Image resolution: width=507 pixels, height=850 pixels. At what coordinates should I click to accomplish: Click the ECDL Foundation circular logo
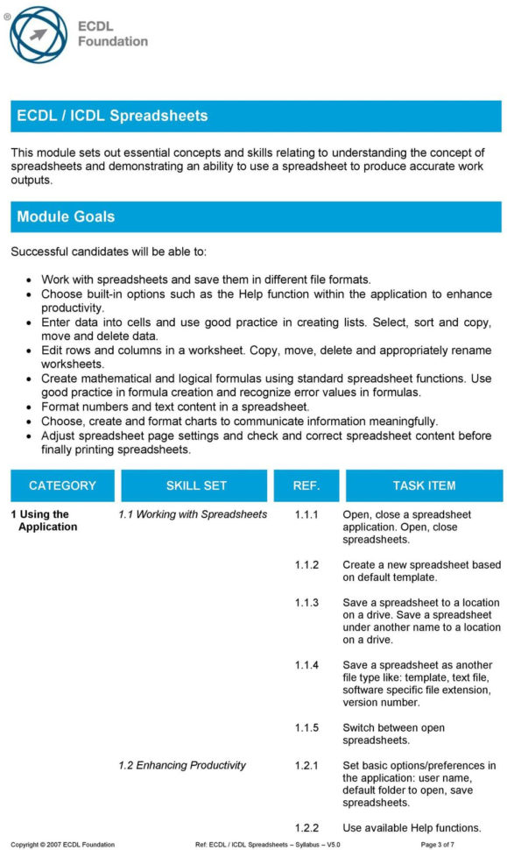(x=37, y=35)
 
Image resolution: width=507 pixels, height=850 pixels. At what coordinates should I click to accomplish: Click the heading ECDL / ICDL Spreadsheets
(x=112, y=116)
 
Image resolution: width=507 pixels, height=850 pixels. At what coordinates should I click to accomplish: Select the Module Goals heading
(x=66, y=216)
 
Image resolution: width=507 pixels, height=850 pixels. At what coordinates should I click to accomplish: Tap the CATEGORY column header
(x=62, y=485)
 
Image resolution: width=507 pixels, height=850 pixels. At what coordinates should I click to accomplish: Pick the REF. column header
(x=306, y=485)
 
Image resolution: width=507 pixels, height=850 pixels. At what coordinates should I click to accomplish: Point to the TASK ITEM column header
(x=424, y=485)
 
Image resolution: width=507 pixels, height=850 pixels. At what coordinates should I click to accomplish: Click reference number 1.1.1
(x=306, y=514)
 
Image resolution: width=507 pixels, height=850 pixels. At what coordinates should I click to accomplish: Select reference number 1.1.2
(x=306, y=565)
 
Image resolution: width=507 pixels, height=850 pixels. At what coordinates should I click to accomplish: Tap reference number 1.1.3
(x=306, y=603)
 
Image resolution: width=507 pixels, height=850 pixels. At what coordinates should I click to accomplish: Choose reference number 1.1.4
(x=306, y=665)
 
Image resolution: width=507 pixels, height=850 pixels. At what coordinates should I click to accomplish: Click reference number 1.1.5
(x=306, y=727)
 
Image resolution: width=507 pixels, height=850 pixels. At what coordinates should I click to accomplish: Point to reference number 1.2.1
(x=306, y=765)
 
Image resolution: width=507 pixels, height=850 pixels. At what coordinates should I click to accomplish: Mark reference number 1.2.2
(x=306, y=827)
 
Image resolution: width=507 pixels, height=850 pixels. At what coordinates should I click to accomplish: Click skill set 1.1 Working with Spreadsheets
(x=193, y=514)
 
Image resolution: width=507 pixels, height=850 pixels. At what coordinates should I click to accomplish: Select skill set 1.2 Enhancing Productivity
(x=182, y=765)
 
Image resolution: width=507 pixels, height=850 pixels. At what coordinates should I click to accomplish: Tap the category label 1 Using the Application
(x=46, y=521)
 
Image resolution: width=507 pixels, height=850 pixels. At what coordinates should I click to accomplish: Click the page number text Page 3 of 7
(x=438, y=844)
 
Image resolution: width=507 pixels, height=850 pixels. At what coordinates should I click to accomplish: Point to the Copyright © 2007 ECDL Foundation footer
(x=62, y=844)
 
